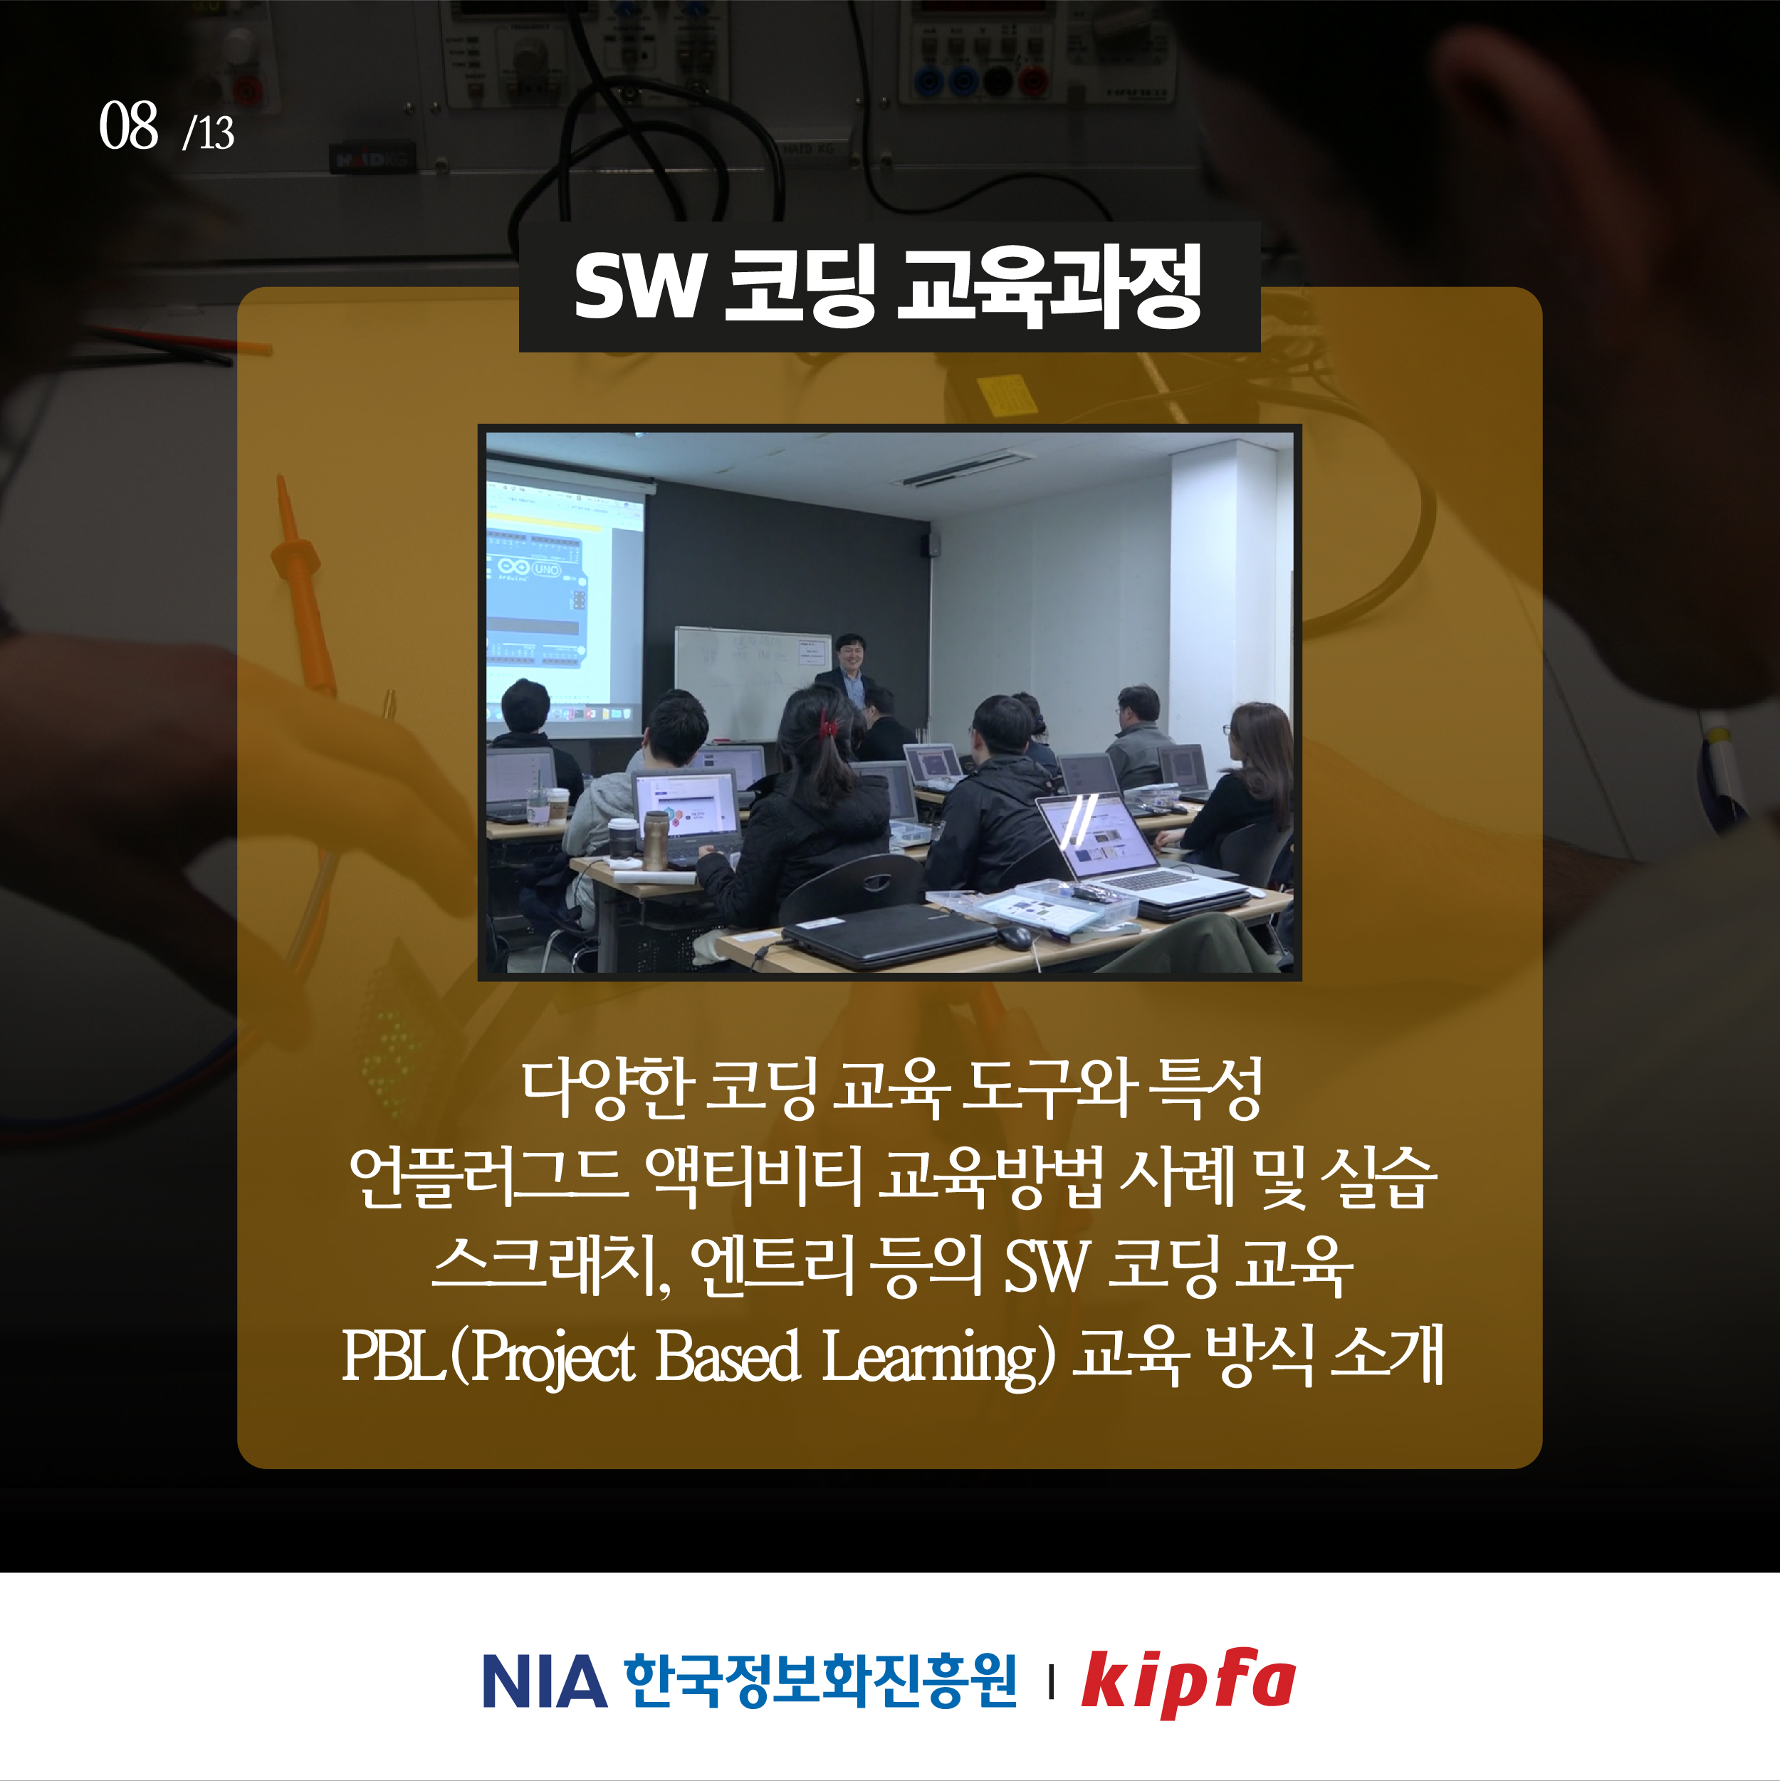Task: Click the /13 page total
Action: tap(209, 132)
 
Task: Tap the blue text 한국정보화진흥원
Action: tap(820, 1681)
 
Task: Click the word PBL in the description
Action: tap(394, 1356)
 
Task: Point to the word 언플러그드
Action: tap(488, 1177)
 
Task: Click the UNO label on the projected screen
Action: tap(547, 569)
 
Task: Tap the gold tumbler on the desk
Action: tap(656, 840)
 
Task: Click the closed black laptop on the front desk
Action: tap(889, 935)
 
